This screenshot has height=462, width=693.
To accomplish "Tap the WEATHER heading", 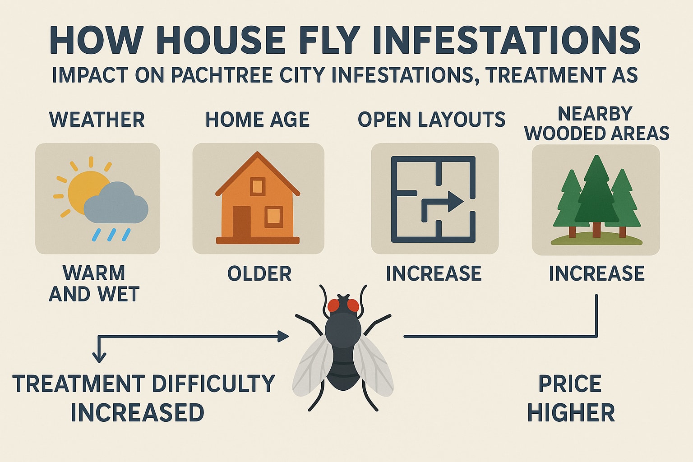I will tap(97, 120).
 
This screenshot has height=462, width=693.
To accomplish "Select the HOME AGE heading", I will tap(258, 120).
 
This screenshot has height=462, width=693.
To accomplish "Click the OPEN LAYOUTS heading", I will tap(431, 120).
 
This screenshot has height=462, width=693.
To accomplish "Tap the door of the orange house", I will tap(242, 222).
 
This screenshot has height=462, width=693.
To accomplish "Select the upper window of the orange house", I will tap(258, 186).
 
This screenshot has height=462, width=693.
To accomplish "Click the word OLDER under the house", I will tap(259, 274).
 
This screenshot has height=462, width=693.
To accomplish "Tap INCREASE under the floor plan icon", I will tap(434, 274).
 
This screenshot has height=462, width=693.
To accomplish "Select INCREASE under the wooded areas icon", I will tap(596, 274).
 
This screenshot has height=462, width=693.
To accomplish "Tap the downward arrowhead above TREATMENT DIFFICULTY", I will tap(99, 357).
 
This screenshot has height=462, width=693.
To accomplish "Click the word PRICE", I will tap(570, 384).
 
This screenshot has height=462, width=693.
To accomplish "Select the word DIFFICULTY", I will tap(213, 384).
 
